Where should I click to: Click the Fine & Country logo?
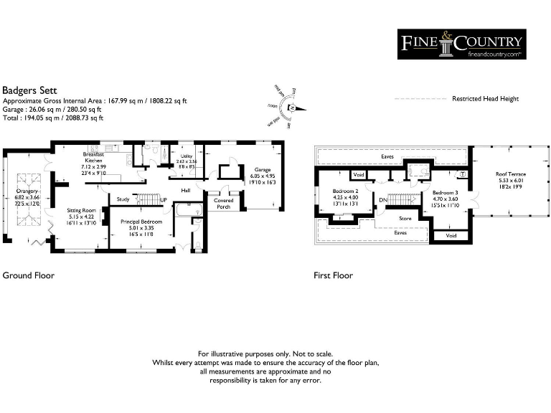click(x=461, y=44)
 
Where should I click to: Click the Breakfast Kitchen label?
click(x=94, y=158)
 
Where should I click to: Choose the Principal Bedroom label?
click(x=141, y=222)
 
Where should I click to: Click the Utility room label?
click(x=187, y=156)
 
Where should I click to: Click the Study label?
click(x=123, y=199)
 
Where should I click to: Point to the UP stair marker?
click(x=164, y=199)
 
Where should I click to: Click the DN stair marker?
click(x=383, y=199)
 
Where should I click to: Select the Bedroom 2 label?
click(x=345, y=191)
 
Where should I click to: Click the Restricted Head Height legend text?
click(x=485, y=99)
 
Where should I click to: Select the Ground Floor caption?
click(x=28, y=275)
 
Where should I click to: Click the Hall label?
click(x=185, y=190)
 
